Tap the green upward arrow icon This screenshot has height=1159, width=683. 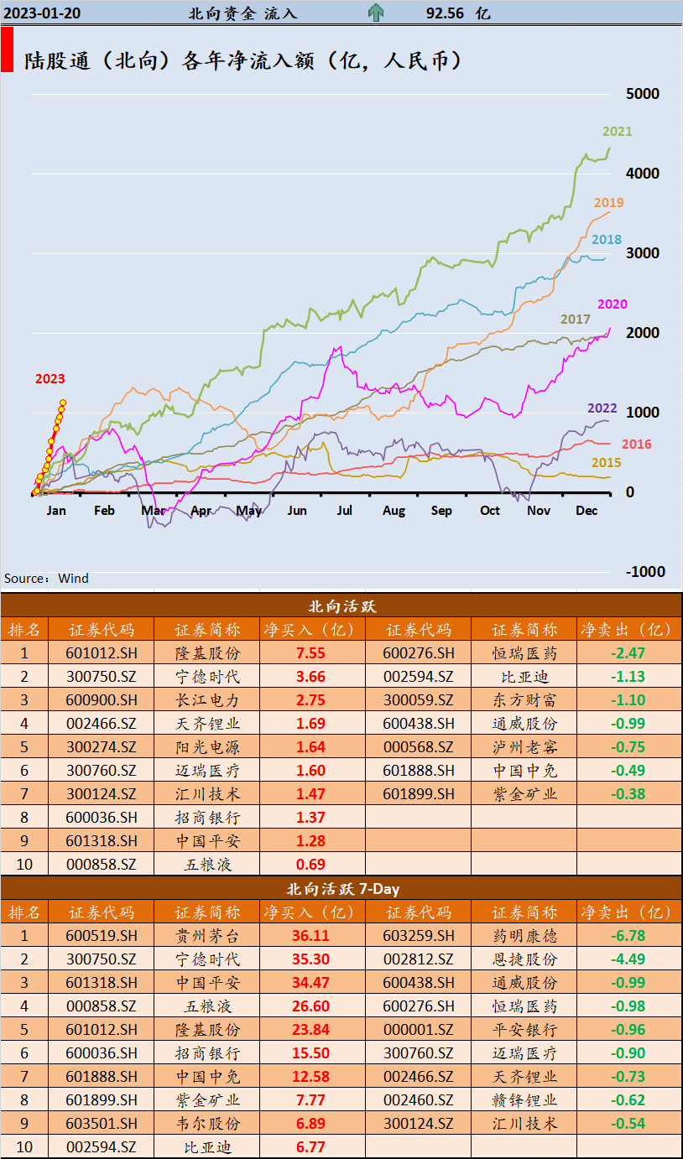click(x=376, y=13)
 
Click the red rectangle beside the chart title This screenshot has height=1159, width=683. click(x=7, y=49)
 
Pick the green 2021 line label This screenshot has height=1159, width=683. click(x=617, y=132)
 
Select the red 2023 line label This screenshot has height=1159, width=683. click(x=50, y=379)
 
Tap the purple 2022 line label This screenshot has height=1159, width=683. click(x=602, y=408)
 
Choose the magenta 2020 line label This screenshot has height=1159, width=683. click(x=612, y=304)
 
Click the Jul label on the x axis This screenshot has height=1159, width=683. click(x=344, y=511)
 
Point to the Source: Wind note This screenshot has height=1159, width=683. click(x=46, y=579)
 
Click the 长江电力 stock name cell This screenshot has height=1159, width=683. click(x=207, y=700)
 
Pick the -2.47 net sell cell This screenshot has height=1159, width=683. click(x=627, y=653)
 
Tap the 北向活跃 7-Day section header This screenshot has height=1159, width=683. click(x=341, y=889)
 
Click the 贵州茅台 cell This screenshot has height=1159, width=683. click(x=207, y=936)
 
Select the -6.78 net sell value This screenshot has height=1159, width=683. click(x=627, y=936)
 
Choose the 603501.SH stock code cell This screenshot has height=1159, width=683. click(x=101, y=1124)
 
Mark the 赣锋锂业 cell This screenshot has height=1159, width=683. click(x=524, y=1100)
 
